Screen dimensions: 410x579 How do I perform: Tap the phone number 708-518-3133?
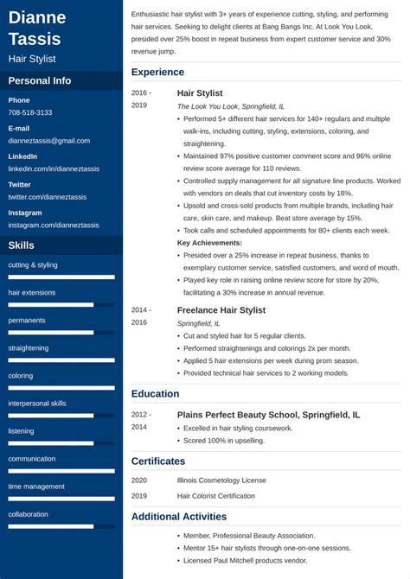(x=30, y=113)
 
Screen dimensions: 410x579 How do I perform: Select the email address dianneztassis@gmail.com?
(x=49, y=141)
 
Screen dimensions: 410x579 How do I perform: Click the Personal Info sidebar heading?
(x=40, y=81)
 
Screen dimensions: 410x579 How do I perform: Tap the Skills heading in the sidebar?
(x=22, y=245)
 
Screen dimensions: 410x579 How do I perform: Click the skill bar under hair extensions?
(x=61, y=305)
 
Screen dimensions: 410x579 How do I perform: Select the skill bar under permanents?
(x=61, y=333)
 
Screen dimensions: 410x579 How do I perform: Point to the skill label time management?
(x=36, y=487)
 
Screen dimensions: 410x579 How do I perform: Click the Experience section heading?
(x=157, y=73)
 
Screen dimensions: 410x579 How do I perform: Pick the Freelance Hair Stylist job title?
(x=221, y=310)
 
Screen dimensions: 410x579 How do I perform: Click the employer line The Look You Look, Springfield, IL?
(x=231, y=106)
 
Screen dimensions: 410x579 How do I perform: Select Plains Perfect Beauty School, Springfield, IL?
(x=268, y=415)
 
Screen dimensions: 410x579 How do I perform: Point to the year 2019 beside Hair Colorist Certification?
(x=140, y=496)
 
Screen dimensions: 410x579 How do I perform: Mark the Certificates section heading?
(x=158, y=461)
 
